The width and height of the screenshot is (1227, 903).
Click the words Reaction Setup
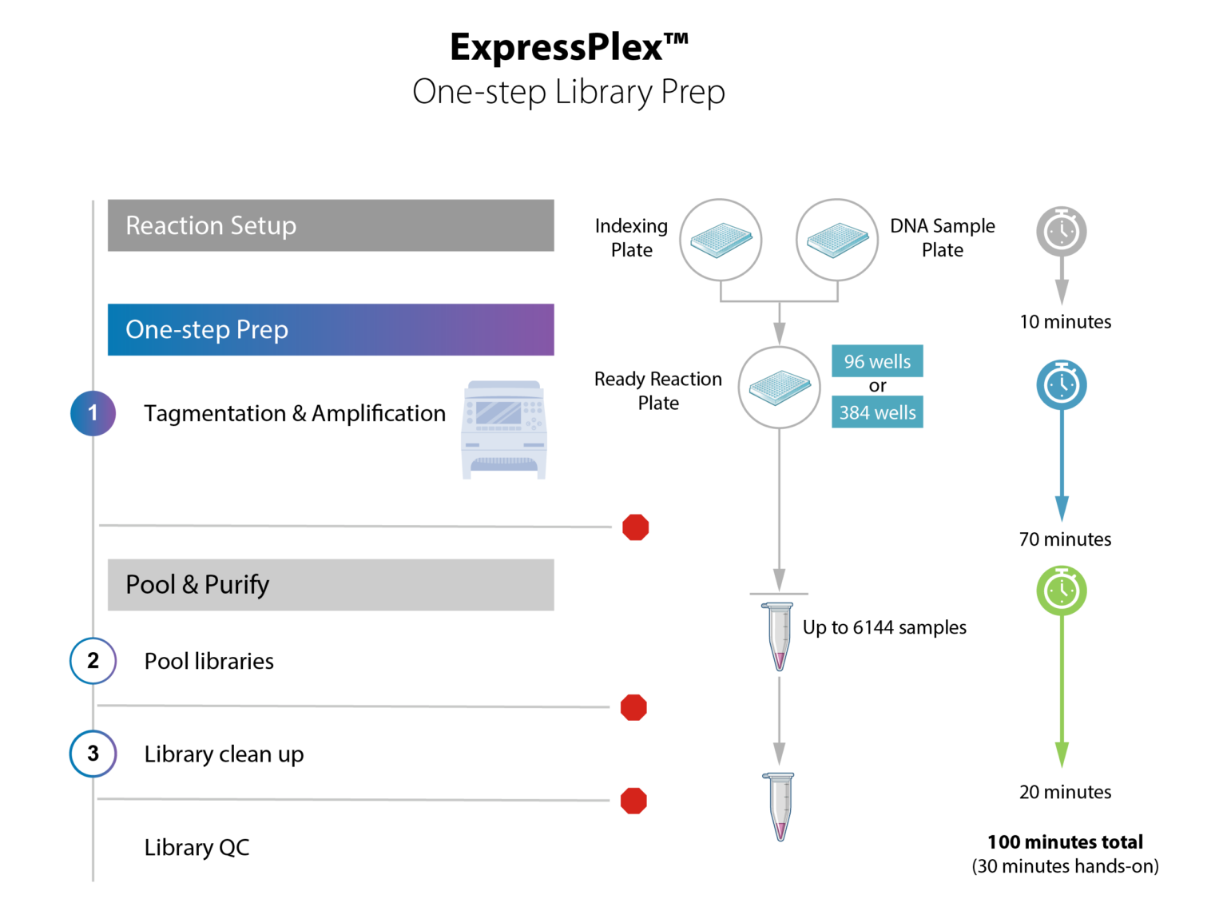pyautogui.click(x=211, y=226)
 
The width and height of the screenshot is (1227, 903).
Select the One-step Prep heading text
pyautogui.click(x=207, y=330)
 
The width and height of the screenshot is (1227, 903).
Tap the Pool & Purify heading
pyautogui.click(x=197, y=585)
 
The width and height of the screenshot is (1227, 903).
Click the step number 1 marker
pyautogui.click(x=93, y=412)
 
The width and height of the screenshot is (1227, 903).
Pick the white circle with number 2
pyautogui.click(x=93, y=661)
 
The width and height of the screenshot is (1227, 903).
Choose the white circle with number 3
pyautogui.click(x=93, y=754)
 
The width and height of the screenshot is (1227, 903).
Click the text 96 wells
pyautogui.click(x=877, y=362)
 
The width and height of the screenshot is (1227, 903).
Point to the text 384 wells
pyautogui.click(x=877, y=413)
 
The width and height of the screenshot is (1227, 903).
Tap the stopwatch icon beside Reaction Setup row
pyautogui.click(x=1062, y=231)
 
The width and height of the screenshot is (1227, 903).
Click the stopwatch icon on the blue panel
pyautogui.click(x=1062, y=384)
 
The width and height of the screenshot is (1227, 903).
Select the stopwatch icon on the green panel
pyautogui.click(x=1062, y=590)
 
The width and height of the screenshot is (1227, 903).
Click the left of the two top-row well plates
pyautogui.click(x=721, y=240)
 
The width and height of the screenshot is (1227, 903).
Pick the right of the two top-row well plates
pyautogui.click(x=837, y=240)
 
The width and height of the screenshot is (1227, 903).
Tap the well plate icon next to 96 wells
pyautogui.click(x=779, y=388)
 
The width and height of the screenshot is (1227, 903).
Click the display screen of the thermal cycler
pyautogui.click(x=498, y=413)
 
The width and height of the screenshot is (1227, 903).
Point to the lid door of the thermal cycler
pyautogui.click(x=504, y=491)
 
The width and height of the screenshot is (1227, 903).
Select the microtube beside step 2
pyautogui.click(x=779, y=635)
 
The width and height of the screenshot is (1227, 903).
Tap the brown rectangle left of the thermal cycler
pyautogui.click(x=301, y=479)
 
